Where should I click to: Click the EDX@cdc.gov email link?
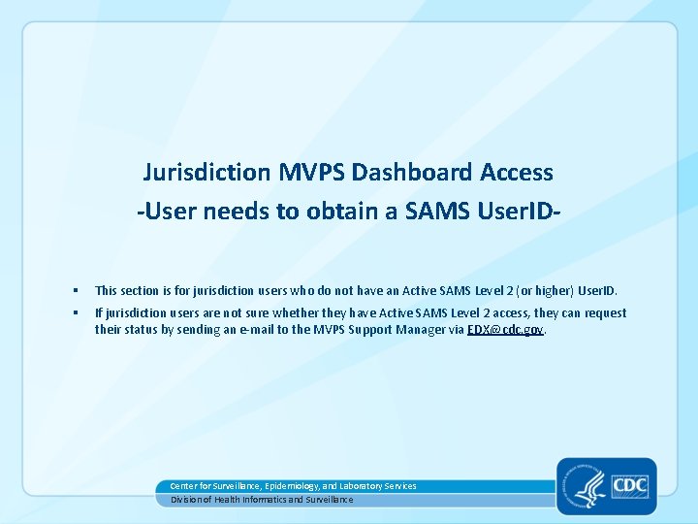coord(506,329)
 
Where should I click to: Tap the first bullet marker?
coord(75,291)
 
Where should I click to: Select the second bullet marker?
coord(75,313)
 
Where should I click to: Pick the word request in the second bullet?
coord(605,313)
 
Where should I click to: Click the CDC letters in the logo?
coord(630,484)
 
